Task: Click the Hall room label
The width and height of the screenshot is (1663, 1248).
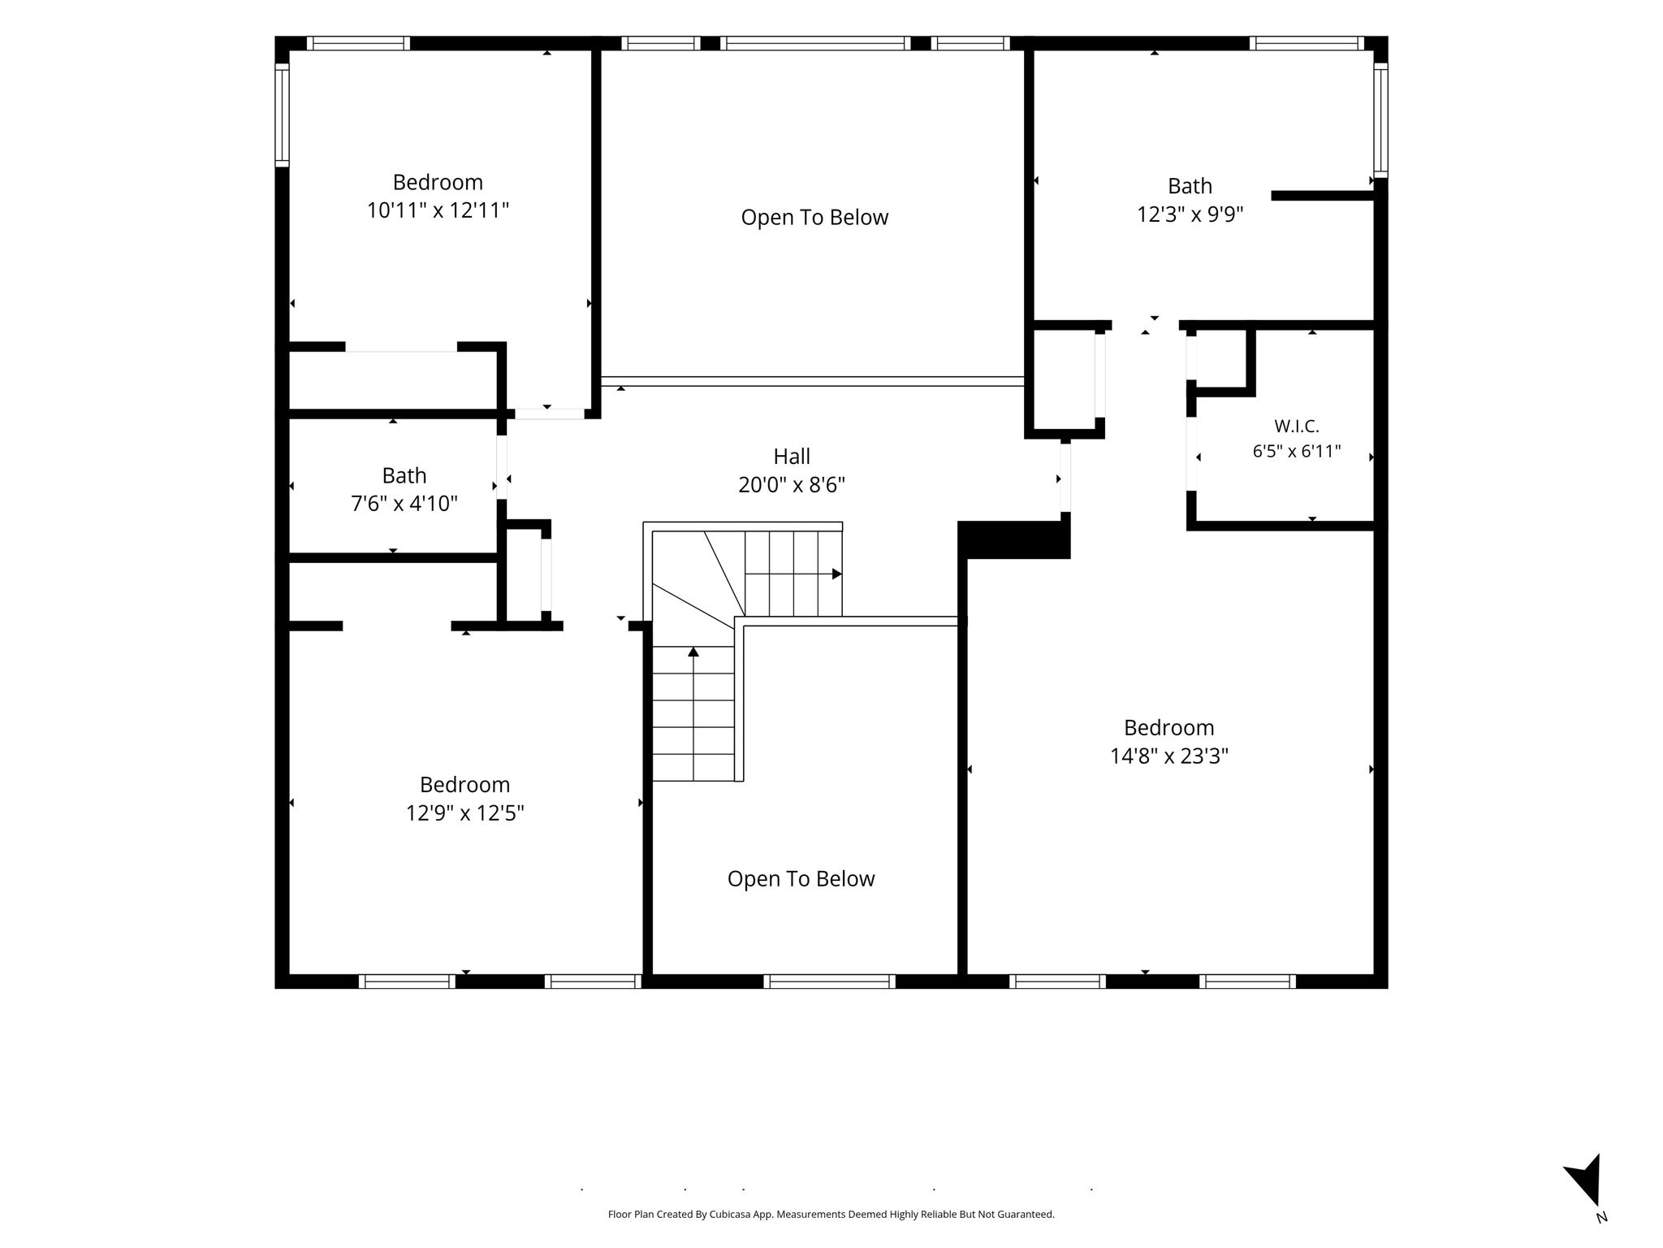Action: (x=792, y=457)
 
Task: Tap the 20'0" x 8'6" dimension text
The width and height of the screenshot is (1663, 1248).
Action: (x=792, y=485)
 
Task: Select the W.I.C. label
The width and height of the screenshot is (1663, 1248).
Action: (x=1297, y=426)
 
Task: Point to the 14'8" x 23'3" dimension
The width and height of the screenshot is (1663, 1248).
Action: (x=1169, y=756)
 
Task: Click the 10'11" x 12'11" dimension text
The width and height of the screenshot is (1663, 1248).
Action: (x=438, y=210)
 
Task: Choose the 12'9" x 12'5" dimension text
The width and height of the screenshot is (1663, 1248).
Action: (x=465, y=813)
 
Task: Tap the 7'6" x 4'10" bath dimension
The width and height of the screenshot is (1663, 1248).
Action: (x=404, y=504)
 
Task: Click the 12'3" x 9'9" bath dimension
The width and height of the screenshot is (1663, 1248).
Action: (x=1190, y=214)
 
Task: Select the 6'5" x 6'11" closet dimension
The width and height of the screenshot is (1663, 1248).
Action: (x=1297, y=452)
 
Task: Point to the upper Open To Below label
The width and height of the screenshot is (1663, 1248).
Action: (x=814, y=218)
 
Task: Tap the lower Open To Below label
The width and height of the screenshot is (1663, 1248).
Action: (x=801, y=879)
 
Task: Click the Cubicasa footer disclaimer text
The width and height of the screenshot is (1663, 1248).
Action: (x=831, y=1215)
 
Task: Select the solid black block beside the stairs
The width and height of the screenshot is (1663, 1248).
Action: (x=1014, y=540)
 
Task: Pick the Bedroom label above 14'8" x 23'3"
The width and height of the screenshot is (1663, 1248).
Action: (x=1169, y=728)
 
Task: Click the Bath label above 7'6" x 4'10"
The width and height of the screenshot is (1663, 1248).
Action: (x=404, y=475)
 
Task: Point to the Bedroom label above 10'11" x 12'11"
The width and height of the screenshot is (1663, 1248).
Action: (x=438, y=182)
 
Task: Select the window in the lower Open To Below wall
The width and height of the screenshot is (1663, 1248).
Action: (x=830, y=981)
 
